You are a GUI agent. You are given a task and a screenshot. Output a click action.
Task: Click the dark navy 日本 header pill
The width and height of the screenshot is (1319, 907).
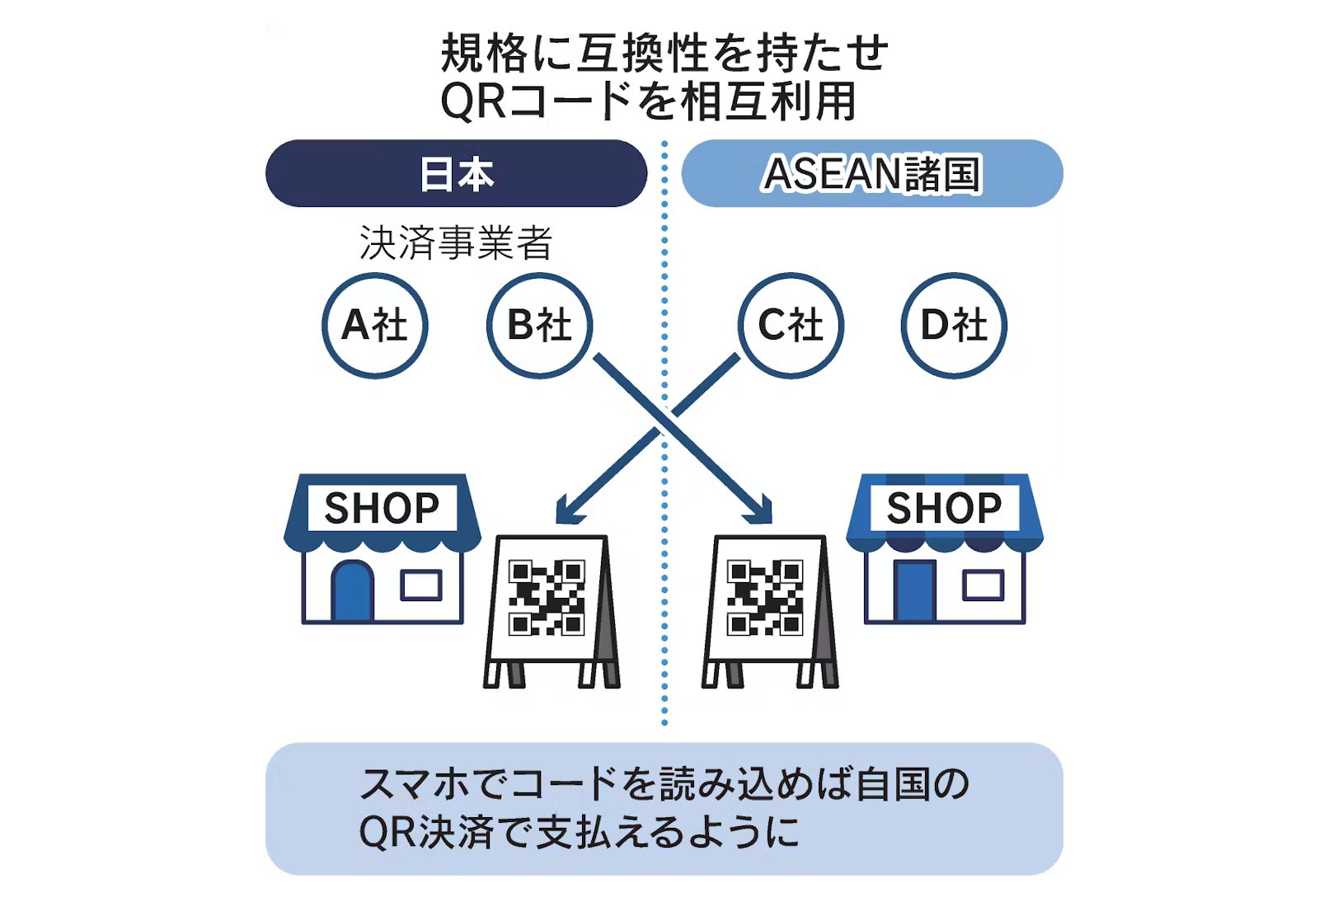456,173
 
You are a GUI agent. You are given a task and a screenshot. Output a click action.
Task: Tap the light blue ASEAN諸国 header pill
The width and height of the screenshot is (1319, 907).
872,173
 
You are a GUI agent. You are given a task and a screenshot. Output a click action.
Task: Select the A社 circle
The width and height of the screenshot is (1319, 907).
375,325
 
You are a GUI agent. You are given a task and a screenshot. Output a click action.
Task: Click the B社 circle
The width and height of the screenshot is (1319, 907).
540,325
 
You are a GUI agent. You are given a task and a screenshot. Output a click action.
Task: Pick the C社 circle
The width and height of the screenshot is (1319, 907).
791,325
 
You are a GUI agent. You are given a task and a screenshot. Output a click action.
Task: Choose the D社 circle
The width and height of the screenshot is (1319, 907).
954,325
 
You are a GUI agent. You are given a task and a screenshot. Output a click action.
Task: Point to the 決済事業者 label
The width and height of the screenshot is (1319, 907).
456,243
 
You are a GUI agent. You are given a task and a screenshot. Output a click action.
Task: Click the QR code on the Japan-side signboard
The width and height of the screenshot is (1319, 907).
547,598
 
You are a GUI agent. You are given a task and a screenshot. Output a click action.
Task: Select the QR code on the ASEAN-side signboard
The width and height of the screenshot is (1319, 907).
765,598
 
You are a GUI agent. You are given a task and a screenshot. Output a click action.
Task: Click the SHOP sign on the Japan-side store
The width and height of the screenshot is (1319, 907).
382,508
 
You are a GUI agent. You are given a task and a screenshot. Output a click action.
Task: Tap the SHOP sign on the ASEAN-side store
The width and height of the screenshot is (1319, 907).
944,508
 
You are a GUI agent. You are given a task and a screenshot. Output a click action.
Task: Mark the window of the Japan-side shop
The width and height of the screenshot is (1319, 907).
421,585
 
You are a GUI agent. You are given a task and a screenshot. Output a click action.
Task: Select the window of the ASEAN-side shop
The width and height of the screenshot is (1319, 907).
983,585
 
